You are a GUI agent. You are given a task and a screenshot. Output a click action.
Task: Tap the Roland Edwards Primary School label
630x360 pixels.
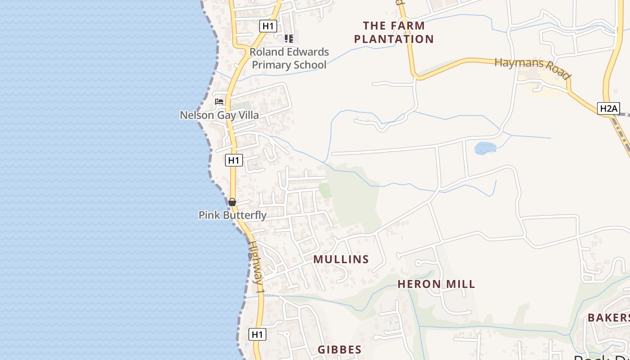coord(289,58)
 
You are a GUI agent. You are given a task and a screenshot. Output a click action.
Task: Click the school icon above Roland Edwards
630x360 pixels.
coord(288,39)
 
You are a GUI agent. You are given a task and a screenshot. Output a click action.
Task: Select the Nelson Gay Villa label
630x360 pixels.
coord(219,115)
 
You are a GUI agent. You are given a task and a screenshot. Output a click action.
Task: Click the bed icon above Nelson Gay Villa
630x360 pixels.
coord(219,102)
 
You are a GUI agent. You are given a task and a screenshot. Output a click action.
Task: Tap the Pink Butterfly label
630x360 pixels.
coord(233,215)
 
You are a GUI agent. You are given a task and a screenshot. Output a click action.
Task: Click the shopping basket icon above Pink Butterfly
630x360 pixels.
coord(232,202)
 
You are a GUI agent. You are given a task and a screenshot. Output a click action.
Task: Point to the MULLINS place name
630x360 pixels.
coord(341,259)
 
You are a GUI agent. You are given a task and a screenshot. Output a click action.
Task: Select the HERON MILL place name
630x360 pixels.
coord(436,284)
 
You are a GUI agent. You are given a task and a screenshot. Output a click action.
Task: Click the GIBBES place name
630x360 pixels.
coord(340,350)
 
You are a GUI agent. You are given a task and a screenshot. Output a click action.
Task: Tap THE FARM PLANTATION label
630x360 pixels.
coord(394,32)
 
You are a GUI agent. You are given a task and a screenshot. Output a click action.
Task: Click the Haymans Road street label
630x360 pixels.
coord(533,68)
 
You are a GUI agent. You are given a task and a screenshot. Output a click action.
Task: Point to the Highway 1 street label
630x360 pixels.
coord(256,268)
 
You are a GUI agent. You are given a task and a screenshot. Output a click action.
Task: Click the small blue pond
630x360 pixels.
coord(485,148)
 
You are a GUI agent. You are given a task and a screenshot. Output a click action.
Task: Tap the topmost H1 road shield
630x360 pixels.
coord(268,26)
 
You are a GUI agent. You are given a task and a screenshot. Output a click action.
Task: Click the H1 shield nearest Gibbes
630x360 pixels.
coord(257,334)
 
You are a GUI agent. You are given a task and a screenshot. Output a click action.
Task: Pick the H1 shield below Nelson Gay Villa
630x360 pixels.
coord(234,160)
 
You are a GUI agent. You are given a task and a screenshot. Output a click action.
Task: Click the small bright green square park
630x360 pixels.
coord(325,190)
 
